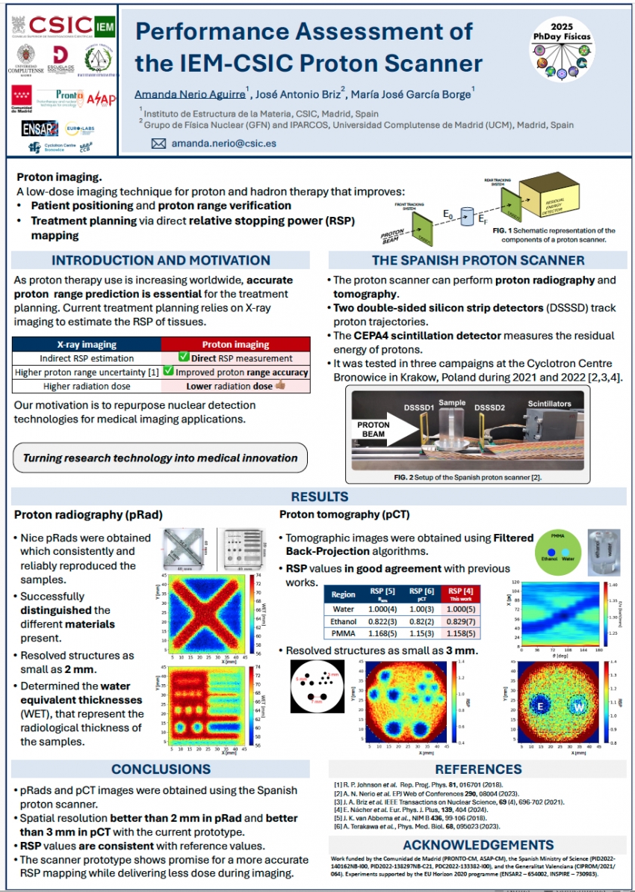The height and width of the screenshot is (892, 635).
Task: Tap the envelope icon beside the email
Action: coord(158,143)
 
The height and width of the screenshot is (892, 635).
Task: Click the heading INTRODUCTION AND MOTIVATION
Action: coord(161,260)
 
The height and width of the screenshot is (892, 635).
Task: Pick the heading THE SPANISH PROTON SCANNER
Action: coord(478,260)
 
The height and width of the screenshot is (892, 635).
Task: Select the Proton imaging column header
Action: coord(235,345)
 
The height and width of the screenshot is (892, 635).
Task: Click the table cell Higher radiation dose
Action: coord(87,386)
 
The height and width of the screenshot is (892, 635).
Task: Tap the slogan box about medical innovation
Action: coord(160,458)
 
